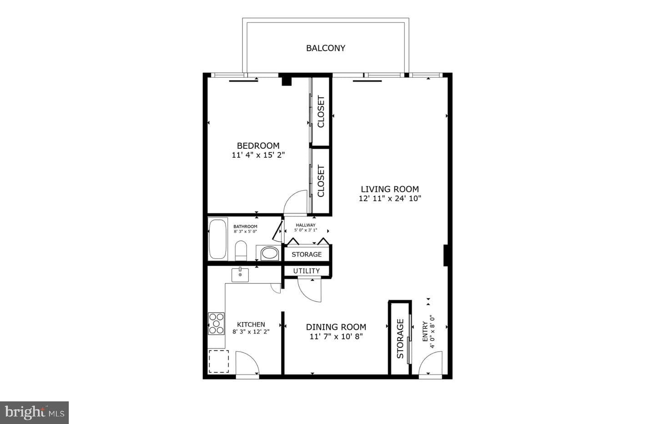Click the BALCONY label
(326, 48)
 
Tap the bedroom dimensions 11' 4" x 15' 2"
(258, 155)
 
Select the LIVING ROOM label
(390, 189)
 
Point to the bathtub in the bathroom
(218, 238)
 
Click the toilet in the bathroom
(241, 251)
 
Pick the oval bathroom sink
(270, 253)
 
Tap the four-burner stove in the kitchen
(216, 323)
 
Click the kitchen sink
(240, 275)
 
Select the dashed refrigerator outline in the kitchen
(219, 361)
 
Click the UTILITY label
(307, 271)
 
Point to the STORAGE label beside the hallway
(307, 254)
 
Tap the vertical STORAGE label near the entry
(400, 338)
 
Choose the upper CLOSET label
(321, 112)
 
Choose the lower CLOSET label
(321, 181)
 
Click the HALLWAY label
(306, 225)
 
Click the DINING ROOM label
(336, 327)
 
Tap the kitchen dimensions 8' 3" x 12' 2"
(251, 332)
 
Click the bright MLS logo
(34, 413)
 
